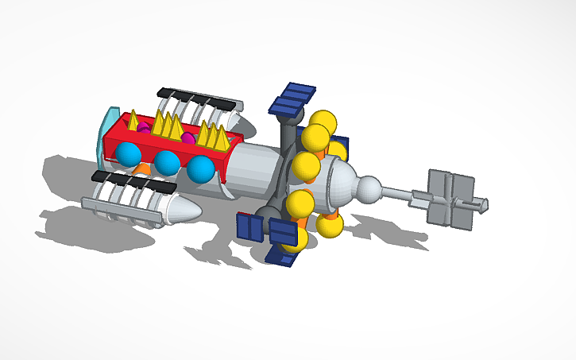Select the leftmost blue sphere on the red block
point(128,154)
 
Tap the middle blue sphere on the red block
point(167,163)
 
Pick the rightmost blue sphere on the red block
point(200,168)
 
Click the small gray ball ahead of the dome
point(368,191)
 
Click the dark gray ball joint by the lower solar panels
point(269,214)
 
